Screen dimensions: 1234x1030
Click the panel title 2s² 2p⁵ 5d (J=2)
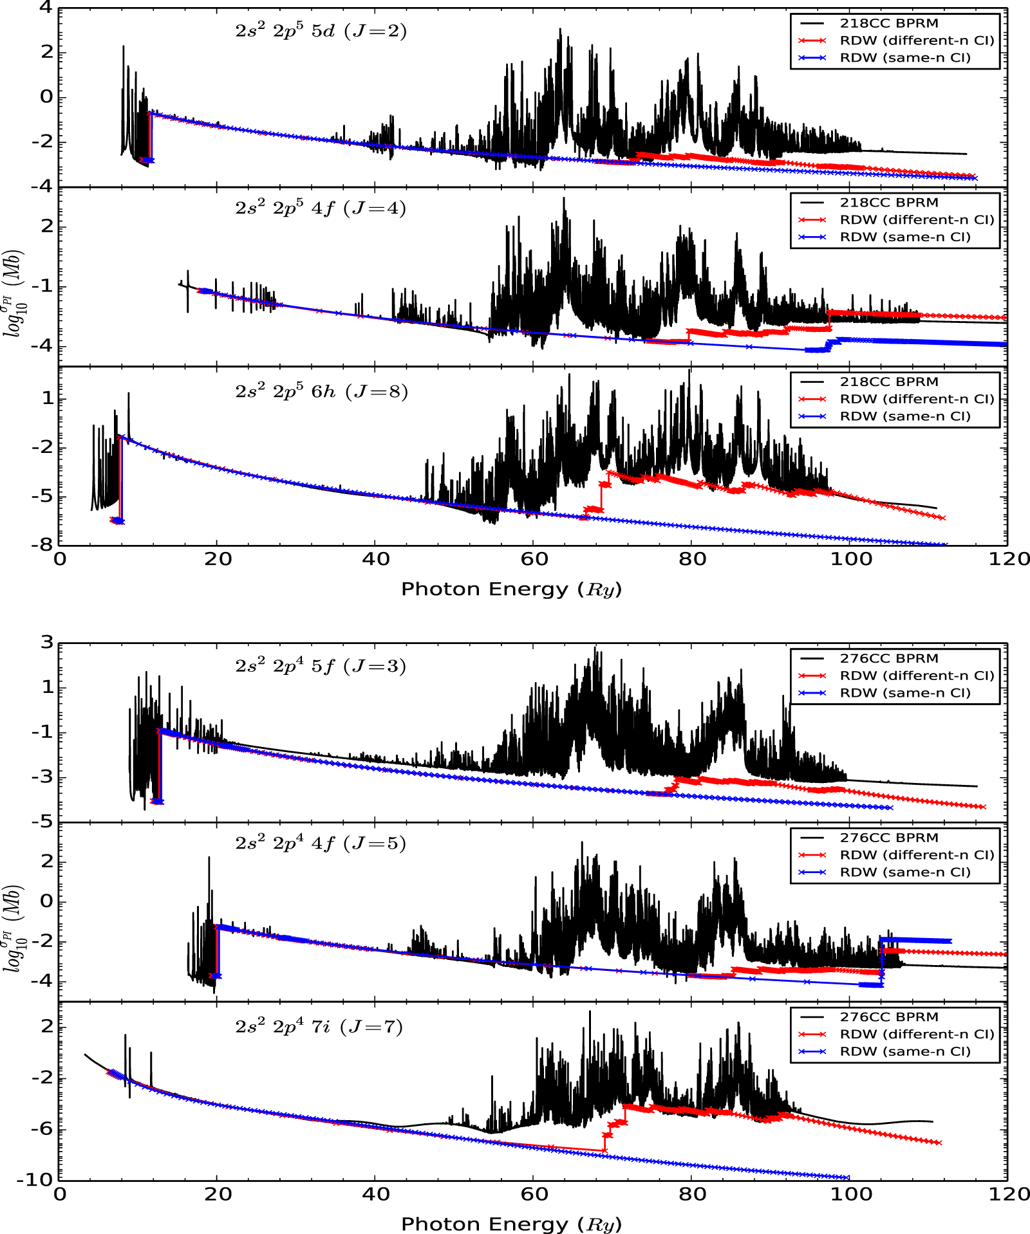[x=321, y=31]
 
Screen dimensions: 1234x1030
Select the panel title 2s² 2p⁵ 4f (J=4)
[x=321, y=208]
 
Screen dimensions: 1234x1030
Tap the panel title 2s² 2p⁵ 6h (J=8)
[x=321, y=391]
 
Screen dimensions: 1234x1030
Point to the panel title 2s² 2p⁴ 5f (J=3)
[x=321, y=666]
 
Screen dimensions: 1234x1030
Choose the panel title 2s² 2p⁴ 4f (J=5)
[x=321, y=843]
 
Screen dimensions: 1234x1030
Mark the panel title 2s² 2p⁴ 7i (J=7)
[x=319, y=1026]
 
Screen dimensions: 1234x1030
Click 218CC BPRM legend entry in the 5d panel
[x=888, y=23]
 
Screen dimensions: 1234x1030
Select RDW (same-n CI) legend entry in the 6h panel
[x=904, y=416]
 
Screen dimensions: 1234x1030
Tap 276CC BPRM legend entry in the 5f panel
[x=888, y=658]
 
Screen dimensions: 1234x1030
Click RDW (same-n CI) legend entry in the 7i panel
[x=904, y=1051]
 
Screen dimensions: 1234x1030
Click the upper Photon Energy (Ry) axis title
[x=511, y=589]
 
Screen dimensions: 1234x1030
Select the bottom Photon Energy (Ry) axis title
[x=511, y=1224]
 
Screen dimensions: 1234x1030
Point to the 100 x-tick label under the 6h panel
[x=850, y=559]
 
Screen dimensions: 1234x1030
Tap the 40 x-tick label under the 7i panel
[x=376, y=1194]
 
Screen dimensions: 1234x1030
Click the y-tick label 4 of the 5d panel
[x=45, y=8]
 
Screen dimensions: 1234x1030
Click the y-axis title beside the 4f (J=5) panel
[x=14, y=928]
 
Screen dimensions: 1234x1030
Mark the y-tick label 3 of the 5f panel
[x=46, y=642]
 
